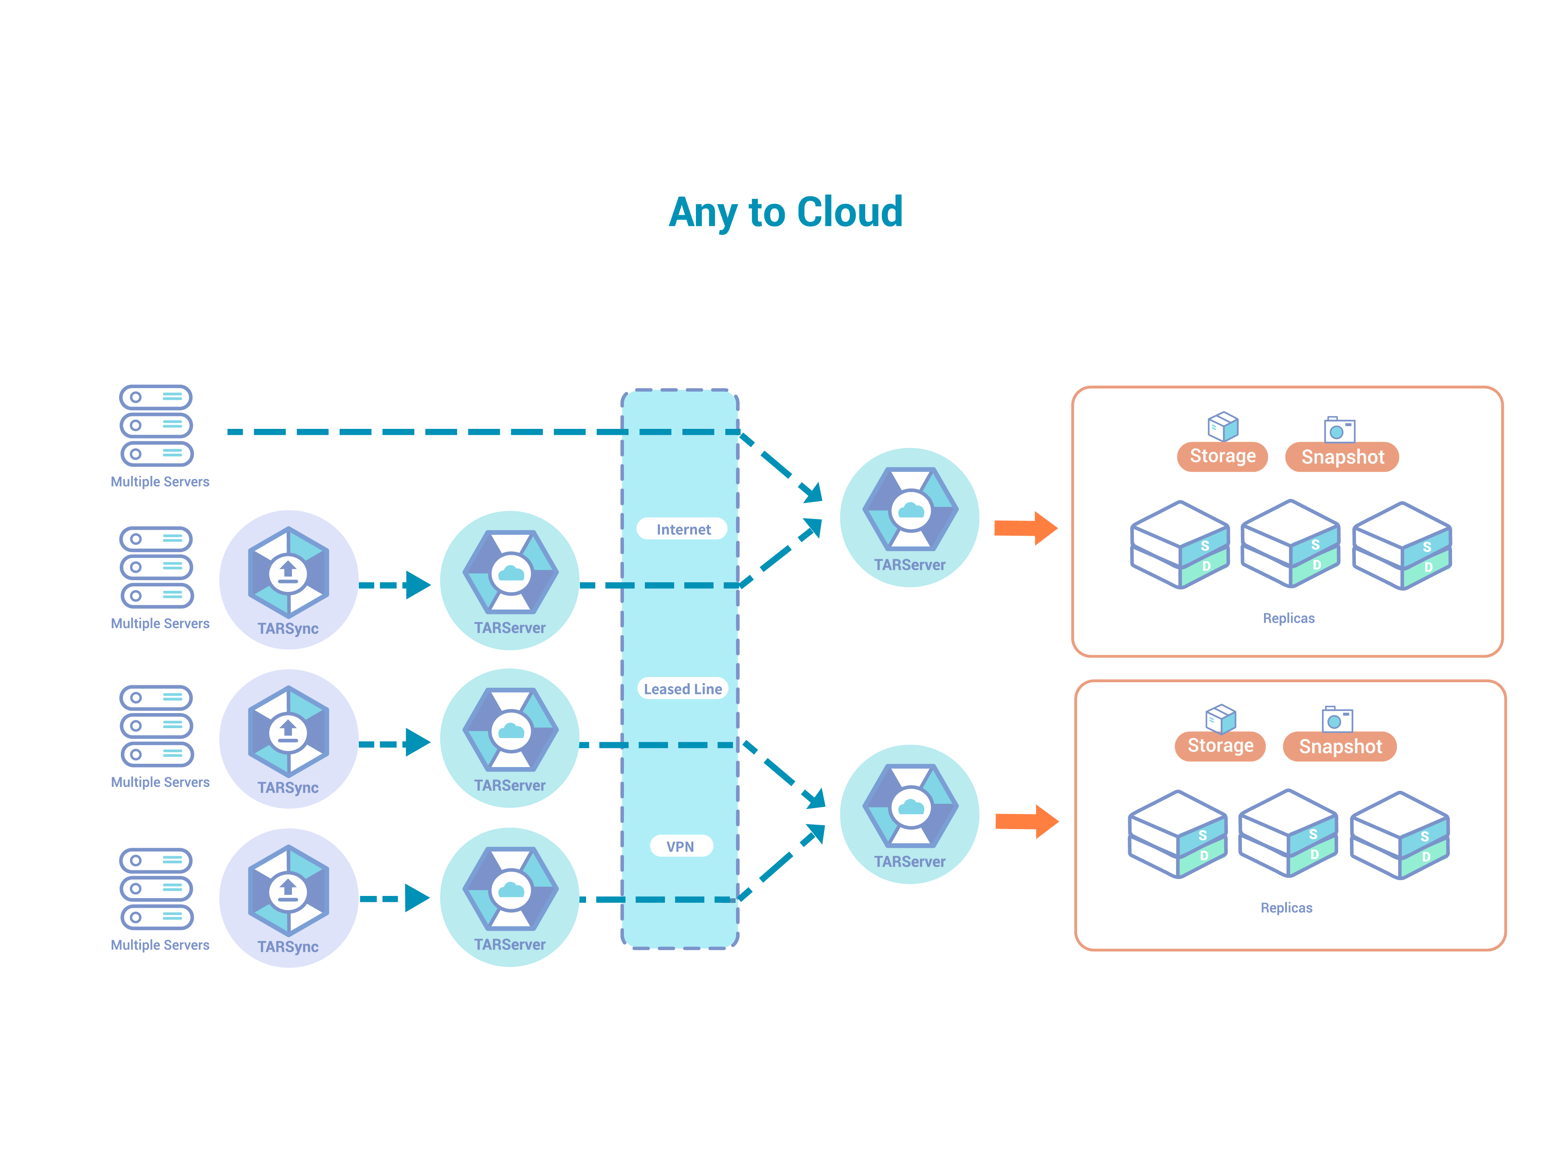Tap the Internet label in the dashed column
pos(683,529)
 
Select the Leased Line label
pos(683,688)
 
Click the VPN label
pos(680,846)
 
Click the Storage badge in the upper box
pos(1222,456)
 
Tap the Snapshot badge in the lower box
pos(1340,746)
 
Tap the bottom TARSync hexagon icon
pos(288,890)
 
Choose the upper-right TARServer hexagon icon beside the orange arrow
pos(910,509)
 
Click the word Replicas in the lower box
pos(1286,908)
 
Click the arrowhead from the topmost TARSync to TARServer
pos(418,585)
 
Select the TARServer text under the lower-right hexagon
pos(910,862)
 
